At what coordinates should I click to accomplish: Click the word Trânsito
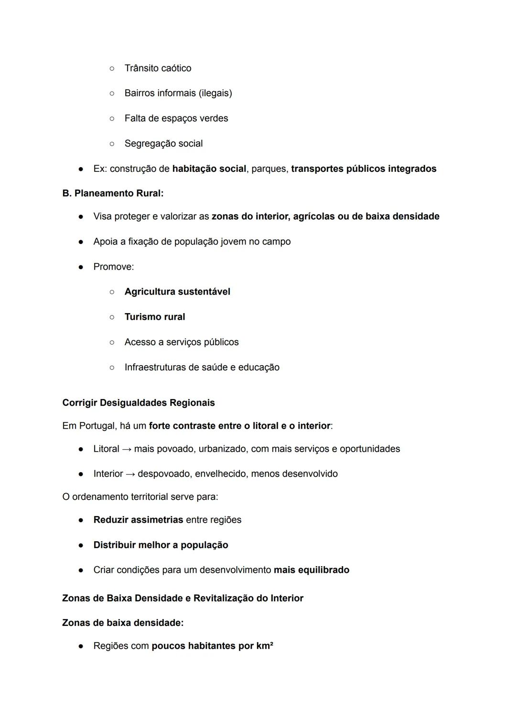click(x=141, y=68)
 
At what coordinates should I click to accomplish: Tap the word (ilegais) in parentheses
click(x=215, y=93)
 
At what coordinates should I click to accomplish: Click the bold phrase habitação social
click(x=209, y=169)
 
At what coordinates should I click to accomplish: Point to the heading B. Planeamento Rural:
click(x=113, y=193)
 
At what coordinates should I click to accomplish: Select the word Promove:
click(x=114, y=267)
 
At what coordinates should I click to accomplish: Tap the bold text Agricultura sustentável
click(x=177, y=292)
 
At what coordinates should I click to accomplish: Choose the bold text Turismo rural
click(x=155, y=317)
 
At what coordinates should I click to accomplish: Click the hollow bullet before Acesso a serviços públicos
click(x=112, y=342)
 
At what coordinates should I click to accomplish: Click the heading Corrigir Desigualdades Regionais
click(x=139, y=403)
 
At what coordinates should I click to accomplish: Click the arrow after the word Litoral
click(x=127, y=449)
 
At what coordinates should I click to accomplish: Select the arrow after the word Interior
click(x=130, y=474)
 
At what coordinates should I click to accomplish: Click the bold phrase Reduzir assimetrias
click(x=138, y=520)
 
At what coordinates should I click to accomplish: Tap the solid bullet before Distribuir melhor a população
click(x=81, y=545)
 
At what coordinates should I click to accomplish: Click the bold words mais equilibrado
click(x=312, y=570)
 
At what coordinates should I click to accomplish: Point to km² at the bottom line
click(x=264, y=646)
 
